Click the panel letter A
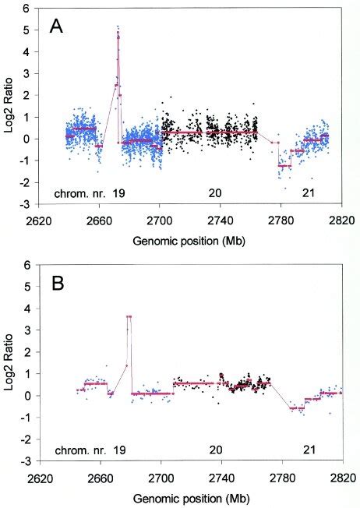pos(57,26)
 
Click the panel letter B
pos(57,283)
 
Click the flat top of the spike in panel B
pos(129,316)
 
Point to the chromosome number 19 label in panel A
pos(118,192)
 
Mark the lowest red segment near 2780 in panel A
pos(284,166)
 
